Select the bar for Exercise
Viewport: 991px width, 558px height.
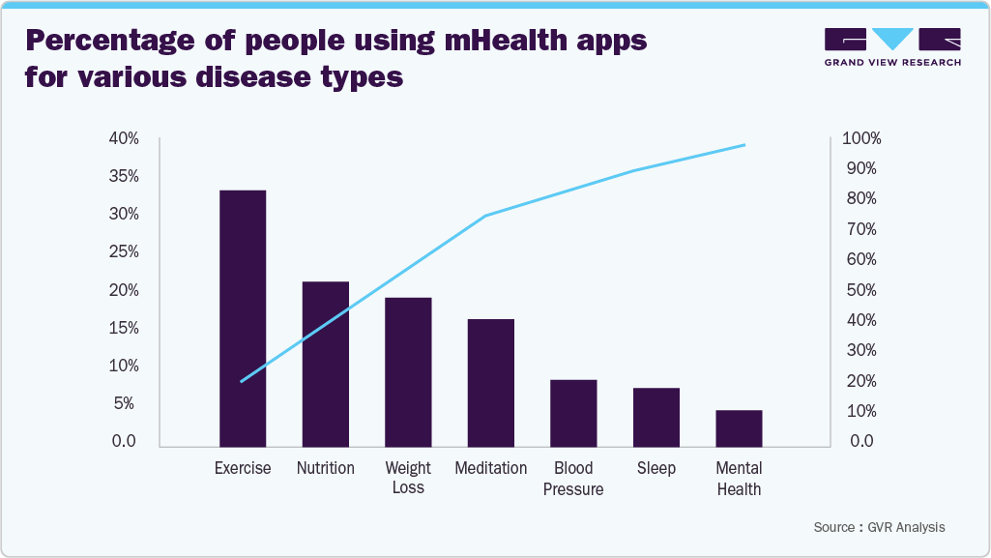tap(243, 318)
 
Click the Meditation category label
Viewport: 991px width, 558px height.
tap(491, 468)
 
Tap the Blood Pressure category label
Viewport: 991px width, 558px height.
tap(573, 479)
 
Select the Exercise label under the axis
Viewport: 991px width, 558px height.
tap(243, 468)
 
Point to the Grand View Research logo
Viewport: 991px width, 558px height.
tap(891, 46)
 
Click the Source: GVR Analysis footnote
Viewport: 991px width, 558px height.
tap(879, 527)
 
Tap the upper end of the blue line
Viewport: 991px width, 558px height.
tap(744, 145)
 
